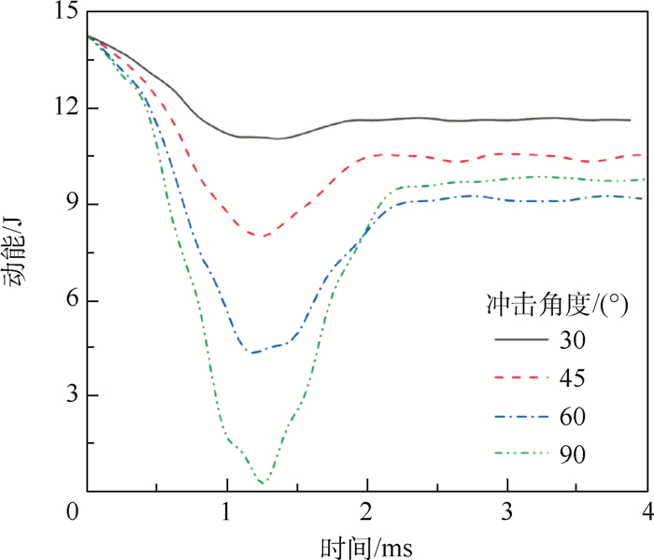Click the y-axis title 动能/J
(x=17, y=252)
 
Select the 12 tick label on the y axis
(x=66, y=108)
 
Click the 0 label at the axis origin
(x=73, y=512)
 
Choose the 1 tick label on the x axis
(x=227, y=512)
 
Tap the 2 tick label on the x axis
(x=368, y=512)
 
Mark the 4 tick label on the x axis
(x=647, y=512)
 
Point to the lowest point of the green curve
(x=263, y=482)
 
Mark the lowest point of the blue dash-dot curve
(x=251, y=352)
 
